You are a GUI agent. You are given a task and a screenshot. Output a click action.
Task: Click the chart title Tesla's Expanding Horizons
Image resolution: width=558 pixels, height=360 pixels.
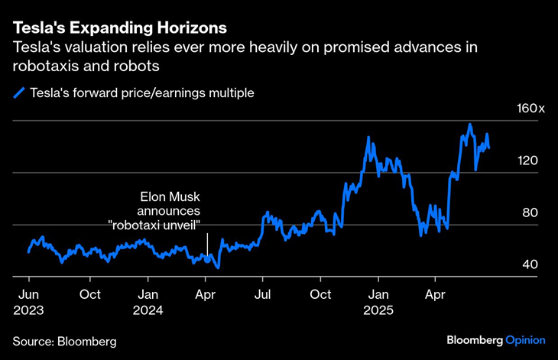click(119, 28)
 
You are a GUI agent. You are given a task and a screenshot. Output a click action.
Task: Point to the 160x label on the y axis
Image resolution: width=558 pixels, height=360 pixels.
click(530, 109)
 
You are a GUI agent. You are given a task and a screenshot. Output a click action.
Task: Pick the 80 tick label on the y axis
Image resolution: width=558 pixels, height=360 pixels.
click(530, 212)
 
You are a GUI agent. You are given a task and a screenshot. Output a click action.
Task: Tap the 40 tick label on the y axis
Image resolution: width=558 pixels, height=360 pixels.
click(530, 264)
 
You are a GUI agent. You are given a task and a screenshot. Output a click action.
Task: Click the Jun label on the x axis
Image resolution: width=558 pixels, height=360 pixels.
click(28, 294)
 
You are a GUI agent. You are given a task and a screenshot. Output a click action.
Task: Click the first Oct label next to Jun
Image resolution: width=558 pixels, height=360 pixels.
click(90, 294)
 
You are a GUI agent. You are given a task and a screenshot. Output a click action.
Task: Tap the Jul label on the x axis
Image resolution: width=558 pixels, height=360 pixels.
click(264, 294)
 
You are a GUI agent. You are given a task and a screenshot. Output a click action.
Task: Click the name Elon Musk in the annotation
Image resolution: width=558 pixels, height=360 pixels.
click(167, 196)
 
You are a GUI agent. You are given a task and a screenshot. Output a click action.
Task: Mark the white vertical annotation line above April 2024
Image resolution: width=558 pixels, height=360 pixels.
click(207, 245)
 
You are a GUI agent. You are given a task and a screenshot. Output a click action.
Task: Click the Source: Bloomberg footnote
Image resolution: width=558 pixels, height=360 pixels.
click(65, 340)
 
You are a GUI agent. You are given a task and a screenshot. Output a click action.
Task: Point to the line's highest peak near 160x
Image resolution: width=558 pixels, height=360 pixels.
click(469, 125)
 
